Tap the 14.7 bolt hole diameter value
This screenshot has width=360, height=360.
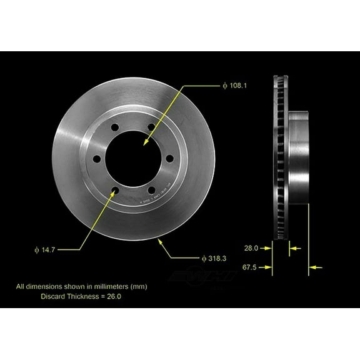click(x=47, y=248)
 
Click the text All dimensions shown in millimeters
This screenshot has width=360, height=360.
click(x=81, y=287)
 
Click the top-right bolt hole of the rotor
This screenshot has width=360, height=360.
click(x=149, y=129)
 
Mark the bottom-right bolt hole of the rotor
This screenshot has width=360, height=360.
click(x=150, y=188)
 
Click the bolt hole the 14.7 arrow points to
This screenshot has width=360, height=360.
click(x=116, y=189)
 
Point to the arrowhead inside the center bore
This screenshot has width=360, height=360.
click(x=146, y=144)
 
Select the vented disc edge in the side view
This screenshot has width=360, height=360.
click(x=279, y=156)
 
